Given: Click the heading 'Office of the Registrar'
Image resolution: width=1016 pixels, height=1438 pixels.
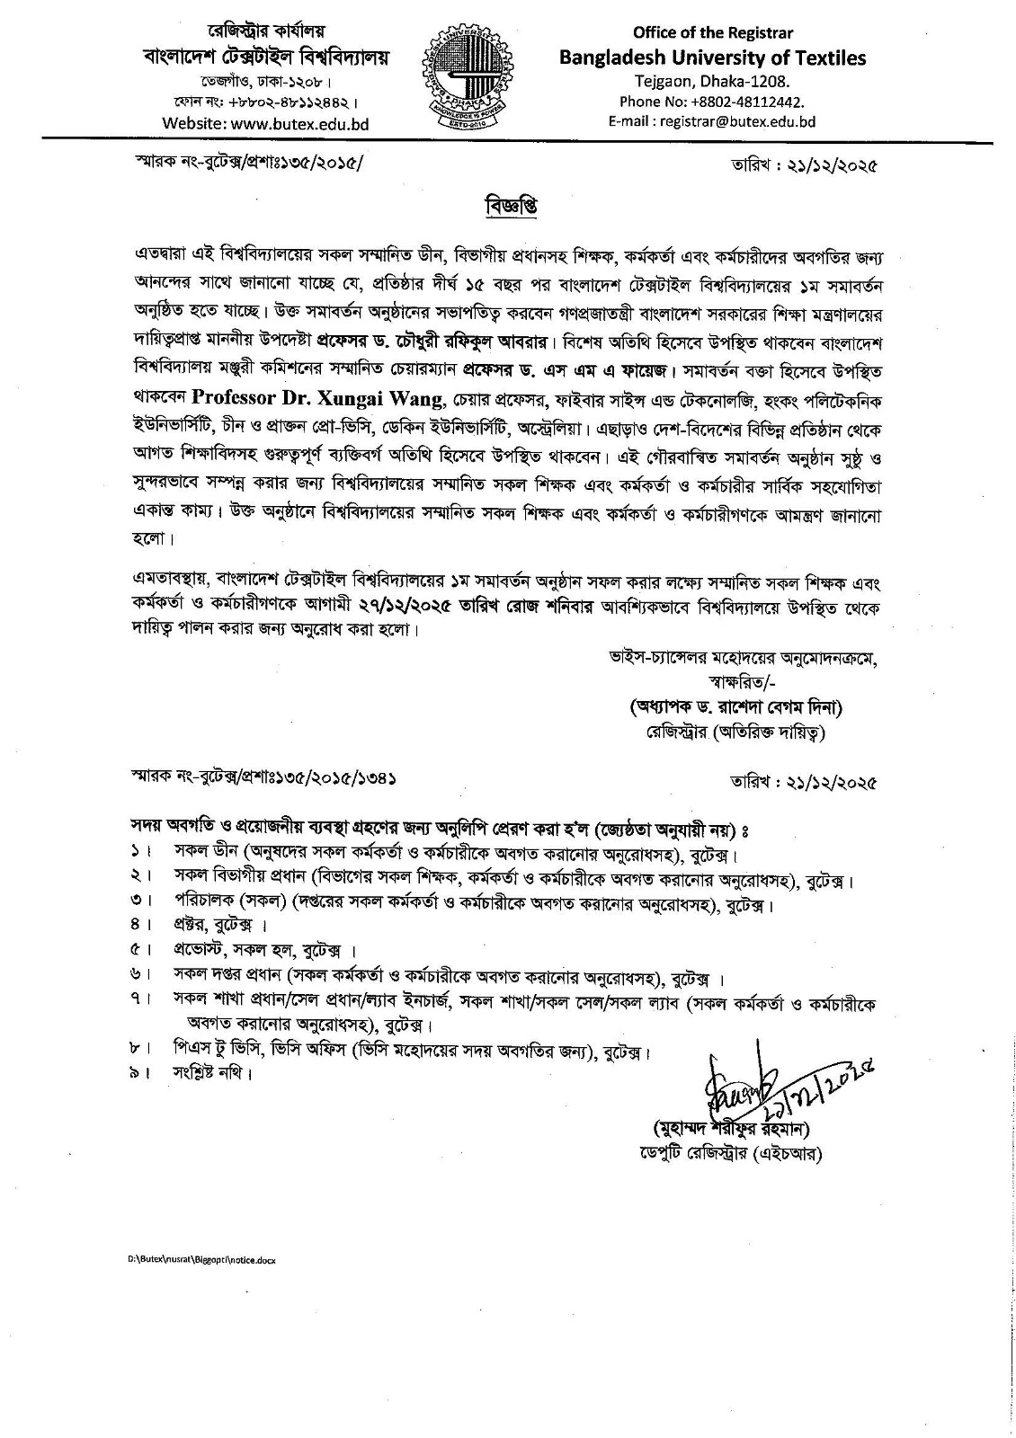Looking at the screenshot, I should (x=711, y=33).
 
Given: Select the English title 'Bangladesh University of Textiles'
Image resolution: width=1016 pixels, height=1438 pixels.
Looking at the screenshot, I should (x=712, y=58).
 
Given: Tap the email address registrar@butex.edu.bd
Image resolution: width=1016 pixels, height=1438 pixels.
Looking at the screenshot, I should (x=711, y=121).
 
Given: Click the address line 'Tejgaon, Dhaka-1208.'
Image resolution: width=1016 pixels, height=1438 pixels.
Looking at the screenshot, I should (x=711, y=82).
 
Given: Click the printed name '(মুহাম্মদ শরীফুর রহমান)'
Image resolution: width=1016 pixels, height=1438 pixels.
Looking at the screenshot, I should (x=735, y=1128).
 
